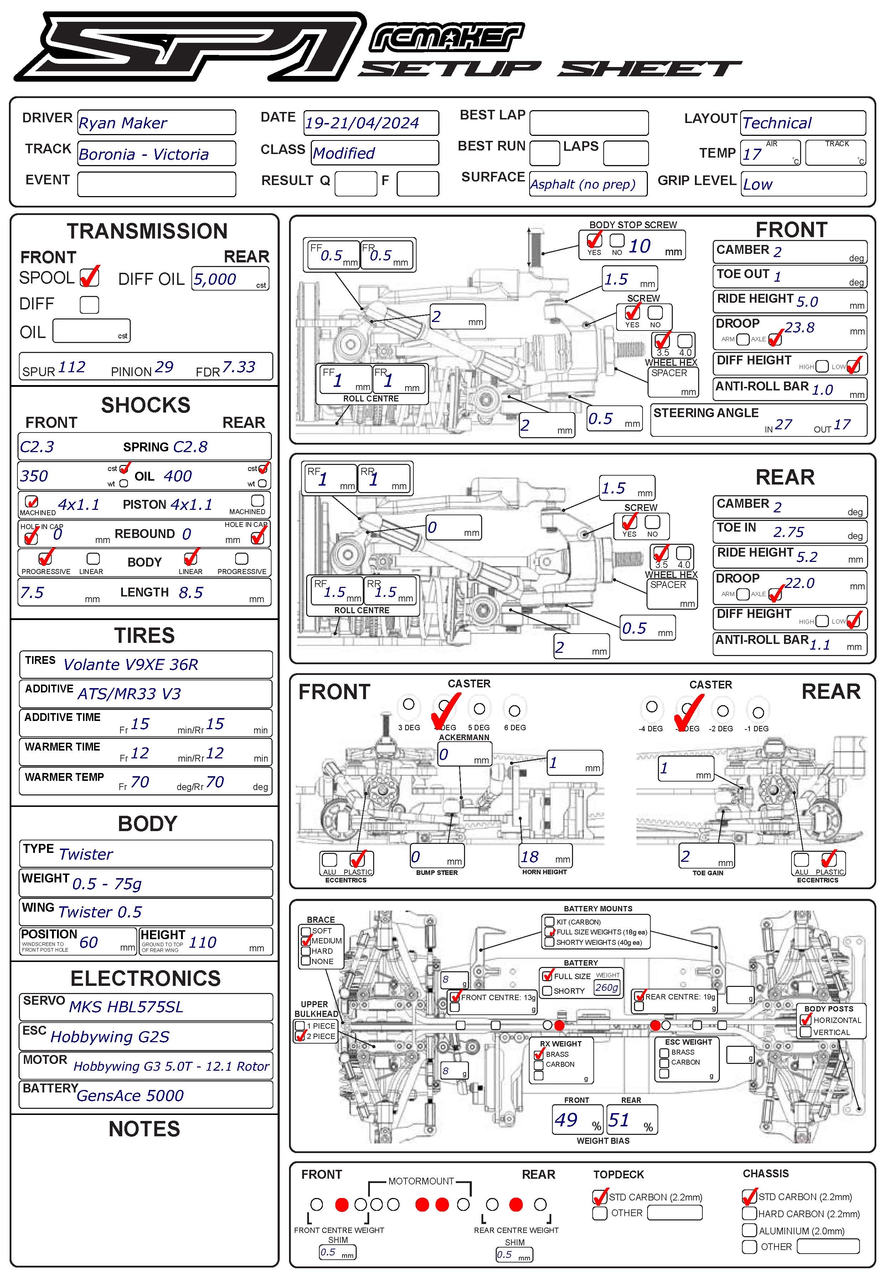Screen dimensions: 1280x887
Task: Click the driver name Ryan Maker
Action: click(123, 123)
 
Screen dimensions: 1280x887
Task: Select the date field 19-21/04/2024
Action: click(362, 123)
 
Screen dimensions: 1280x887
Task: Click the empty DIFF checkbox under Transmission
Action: click(89, 304)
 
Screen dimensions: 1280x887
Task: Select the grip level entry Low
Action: click(758, 185)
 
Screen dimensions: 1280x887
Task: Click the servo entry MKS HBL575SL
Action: click(126, 1007)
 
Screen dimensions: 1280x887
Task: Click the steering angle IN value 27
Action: click(784, 425)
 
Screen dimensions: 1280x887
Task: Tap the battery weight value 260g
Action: click(606, 988)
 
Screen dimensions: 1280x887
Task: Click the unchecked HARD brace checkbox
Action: click(306, 951)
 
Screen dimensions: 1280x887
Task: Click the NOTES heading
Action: click(144, 1129)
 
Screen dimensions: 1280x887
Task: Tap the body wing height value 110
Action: click(202, 942)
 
